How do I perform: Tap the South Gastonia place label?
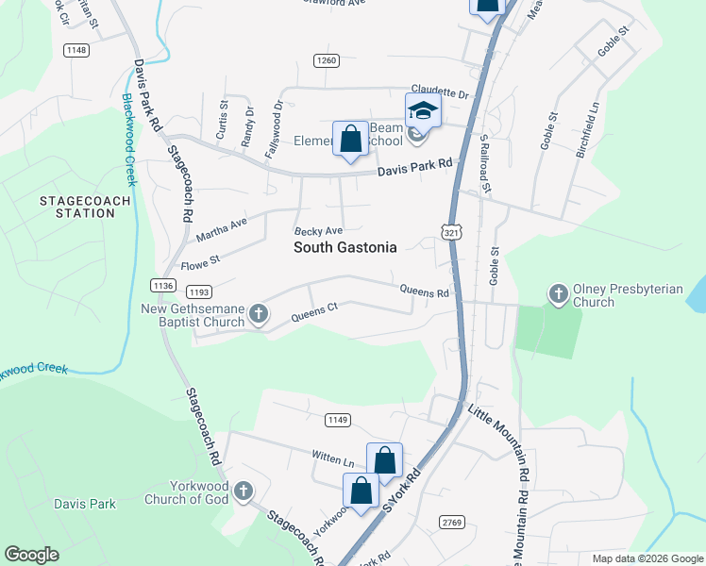[x=345, y=247]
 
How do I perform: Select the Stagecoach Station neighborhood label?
[x=77, y=207]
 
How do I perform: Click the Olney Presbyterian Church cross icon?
[x=558, y=294]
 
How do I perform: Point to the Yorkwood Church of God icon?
[x=244, y=491]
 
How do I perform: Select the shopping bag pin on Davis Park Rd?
[x=351, y=140]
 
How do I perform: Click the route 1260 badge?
[x=327, y=60]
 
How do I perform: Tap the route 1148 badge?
[x=77, y=50]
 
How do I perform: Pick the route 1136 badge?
[x=163, y=285]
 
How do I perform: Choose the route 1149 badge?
[x=338, y=419]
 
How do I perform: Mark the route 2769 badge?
[x=452, y=522]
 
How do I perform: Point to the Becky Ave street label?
[x=318, y=231]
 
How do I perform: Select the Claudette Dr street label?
[x=439, y=93]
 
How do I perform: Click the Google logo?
[x=32, y=555]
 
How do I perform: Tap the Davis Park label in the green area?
[x=85, y=504]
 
